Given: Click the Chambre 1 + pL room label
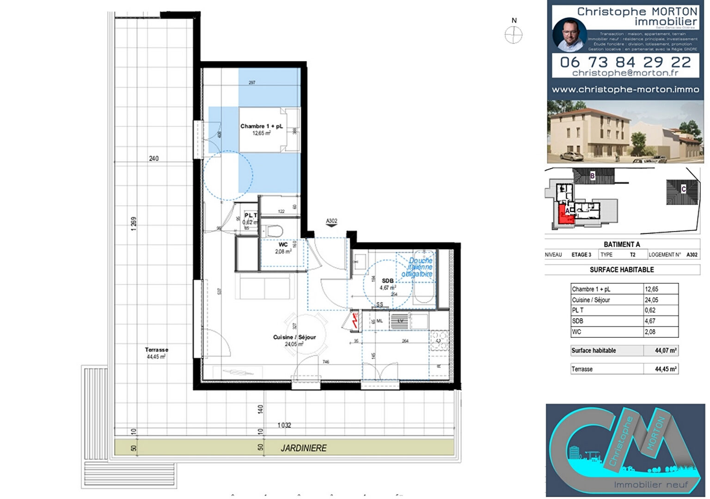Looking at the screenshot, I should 261,126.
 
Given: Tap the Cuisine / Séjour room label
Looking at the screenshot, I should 294,337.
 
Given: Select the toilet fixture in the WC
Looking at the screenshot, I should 275,230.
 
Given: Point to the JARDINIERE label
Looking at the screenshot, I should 304,448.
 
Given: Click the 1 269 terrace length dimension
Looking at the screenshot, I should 134,224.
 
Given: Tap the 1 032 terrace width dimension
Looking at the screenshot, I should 284,425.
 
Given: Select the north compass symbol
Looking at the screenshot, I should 514,35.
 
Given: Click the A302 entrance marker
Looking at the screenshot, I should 331,222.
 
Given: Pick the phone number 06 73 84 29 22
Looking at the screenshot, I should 625,62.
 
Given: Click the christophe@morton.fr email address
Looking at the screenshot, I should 625,73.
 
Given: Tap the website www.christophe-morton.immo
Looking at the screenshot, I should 625,90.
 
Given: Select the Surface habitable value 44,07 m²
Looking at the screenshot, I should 666,351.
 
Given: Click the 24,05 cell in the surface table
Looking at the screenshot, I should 652,300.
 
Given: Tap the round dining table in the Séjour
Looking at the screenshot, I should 305,335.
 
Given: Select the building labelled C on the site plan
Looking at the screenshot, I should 683,190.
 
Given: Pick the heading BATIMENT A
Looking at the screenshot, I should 622,244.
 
